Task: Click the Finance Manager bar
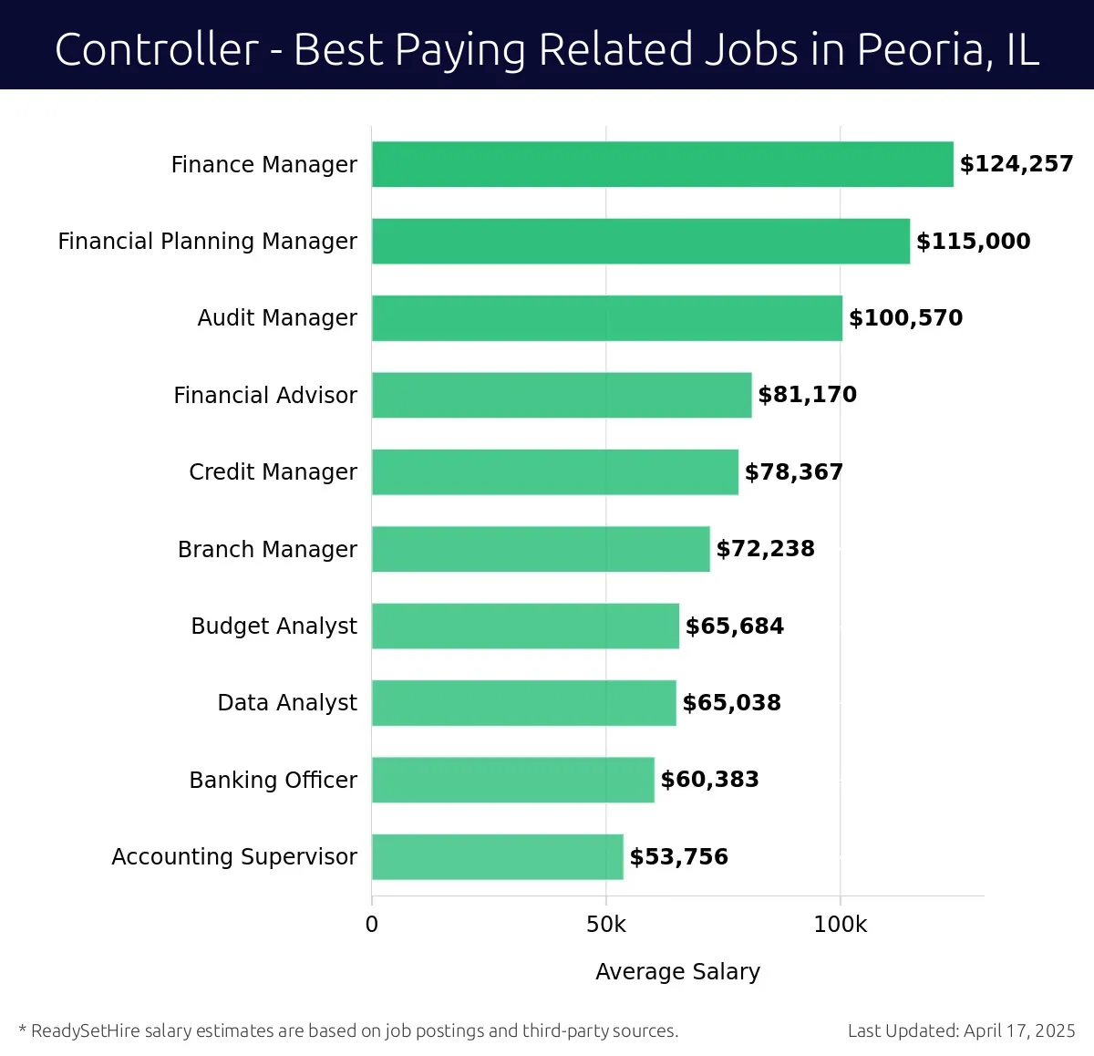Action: coord(662,164)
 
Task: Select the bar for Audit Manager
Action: coord(606,318)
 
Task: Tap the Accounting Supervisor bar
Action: coord(497,857)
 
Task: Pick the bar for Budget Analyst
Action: coord(525,626)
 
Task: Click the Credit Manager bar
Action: coord(554,471)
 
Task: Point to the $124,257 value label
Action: coord(1016,164)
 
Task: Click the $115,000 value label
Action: coord(973,242)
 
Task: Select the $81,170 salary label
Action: coord(807,395)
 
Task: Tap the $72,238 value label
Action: coord(765,549)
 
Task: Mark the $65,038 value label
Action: coord(731,703)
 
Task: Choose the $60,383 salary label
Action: coord(709,780)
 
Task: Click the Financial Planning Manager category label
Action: coord(207,242)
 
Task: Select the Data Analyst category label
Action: coord(287,703)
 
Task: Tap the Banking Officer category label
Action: coord(273,781)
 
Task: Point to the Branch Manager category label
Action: coord(267,549)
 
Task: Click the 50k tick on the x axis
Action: coord(606,925)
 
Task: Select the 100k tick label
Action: coord(840,925)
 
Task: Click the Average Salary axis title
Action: coord(677,972)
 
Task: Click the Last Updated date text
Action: coord(961,1030)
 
